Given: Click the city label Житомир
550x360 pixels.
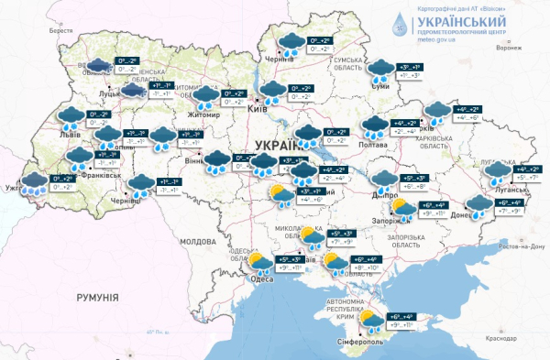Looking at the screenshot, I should coord(205,115).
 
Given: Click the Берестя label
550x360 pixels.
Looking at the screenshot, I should coord(60,30).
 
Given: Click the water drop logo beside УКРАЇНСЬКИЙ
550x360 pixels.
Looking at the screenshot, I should coord(401,22).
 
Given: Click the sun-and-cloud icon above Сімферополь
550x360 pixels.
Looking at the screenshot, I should coord(371,322).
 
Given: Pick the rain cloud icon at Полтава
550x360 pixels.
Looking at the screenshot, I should coord(374,126).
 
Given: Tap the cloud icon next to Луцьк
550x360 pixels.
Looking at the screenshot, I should coord(132,91).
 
